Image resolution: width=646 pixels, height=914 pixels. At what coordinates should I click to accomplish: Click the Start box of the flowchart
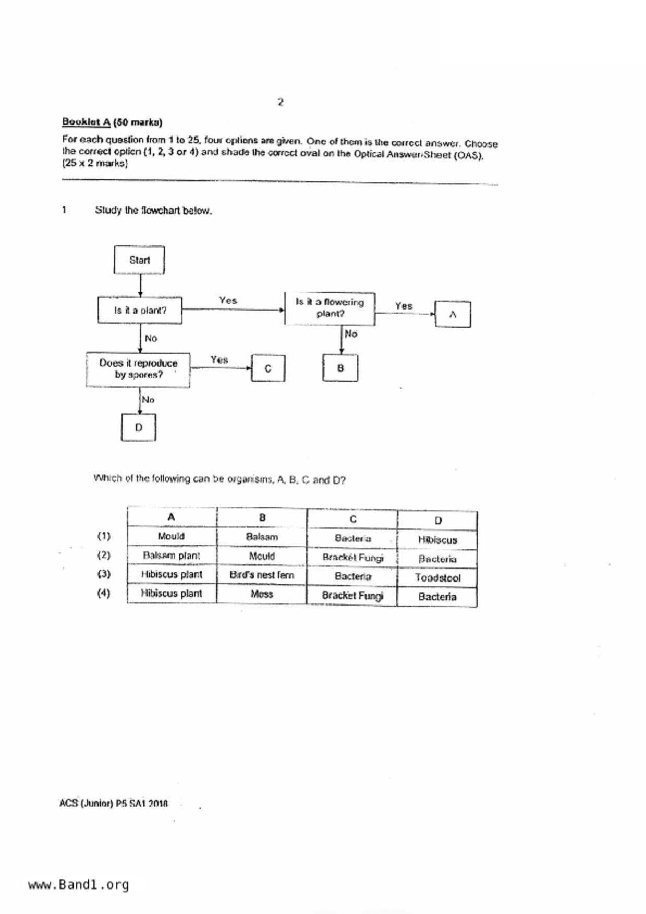(139, 260)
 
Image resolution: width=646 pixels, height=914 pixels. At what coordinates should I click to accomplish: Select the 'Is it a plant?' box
(140, 310)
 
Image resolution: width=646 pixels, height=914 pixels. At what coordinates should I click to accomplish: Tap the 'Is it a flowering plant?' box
(330, 308)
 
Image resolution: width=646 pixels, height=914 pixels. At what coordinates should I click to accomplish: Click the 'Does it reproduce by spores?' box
(138, 368)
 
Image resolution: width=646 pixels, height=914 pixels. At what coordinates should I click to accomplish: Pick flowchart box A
(453, 314)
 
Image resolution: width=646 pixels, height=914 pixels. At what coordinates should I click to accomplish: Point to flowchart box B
(340, 368)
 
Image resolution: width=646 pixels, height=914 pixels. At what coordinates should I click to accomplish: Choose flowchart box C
(268, 368)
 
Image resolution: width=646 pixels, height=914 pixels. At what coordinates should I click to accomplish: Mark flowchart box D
(139, 427)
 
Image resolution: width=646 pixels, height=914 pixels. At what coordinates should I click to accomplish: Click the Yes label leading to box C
(219, 360)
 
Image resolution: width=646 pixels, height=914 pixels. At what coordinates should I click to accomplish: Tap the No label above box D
(148, 400)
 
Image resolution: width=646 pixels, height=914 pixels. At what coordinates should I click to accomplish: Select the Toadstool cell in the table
(437, 578)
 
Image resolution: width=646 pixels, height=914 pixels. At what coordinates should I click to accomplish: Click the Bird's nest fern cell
(262, 575)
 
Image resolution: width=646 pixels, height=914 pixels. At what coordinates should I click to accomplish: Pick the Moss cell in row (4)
(262, 594)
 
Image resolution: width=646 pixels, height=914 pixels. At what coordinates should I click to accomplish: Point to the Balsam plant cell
(172, 555)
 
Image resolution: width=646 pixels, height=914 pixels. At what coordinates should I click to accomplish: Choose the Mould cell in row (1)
(171, 536)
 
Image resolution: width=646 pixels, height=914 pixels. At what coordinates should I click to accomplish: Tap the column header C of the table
(353, 519)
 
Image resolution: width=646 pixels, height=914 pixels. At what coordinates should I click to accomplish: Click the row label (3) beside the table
(104, 574)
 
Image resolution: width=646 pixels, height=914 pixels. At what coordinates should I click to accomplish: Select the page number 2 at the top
(281, 102)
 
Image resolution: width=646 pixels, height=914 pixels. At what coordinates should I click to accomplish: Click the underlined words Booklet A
(86, 122)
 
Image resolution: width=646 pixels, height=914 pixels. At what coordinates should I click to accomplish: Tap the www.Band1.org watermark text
(78, 885)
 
